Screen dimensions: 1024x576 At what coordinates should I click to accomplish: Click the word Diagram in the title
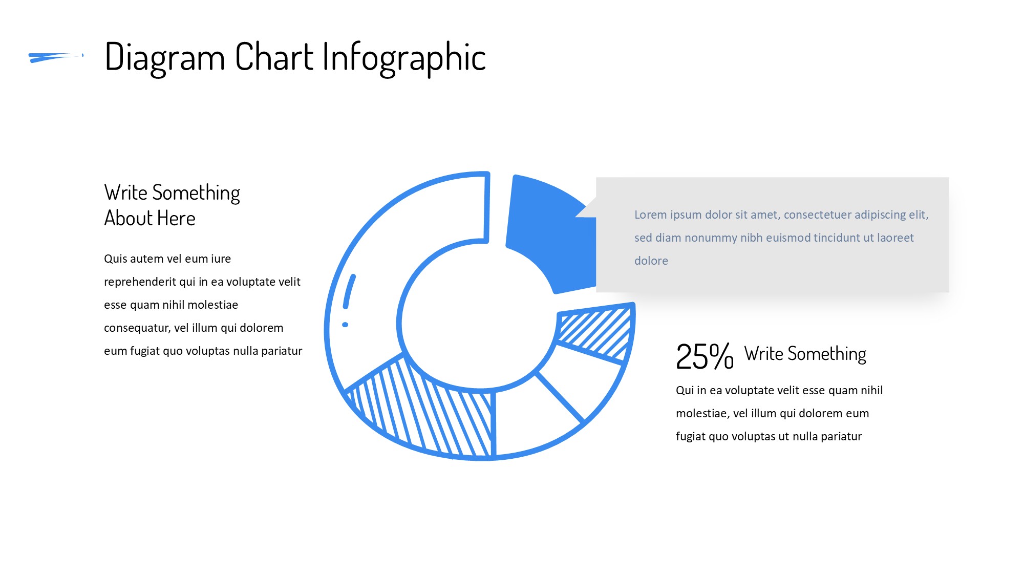[165, 58]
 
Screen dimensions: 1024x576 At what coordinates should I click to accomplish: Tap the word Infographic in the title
[404, 58]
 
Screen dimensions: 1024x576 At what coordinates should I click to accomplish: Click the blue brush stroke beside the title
[56, 57]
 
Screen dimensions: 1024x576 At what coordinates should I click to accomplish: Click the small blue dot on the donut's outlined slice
[345, 325]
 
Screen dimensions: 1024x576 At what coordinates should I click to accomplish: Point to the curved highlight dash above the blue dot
[349, 291]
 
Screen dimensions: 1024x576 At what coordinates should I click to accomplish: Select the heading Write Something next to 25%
[805, 354]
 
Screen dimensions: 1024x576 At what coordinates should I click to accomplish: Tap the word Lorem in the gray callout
[650, 215]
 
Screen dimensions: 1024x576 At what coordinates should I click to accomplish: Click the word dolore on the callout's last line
[651, 261]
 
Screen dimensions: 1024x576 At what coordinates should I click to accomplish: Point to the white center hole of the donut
[479, 315]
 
